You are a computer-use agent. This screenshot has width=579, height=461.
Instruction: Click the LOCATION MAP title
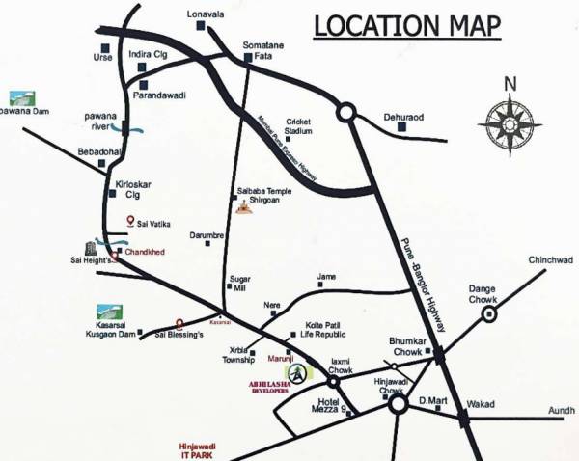(407, 26)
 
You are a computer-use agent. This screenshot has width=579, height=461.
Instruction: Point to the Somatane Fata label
(262, 49)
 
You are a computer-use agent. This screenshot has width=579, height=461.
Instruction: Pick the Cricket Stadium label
(297, 127)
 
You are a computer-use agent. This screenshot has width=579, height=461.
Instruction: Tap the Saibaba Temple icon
(244, 208)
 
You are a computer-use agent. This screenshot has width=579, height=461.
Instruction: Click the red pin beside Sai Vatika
(131, 222)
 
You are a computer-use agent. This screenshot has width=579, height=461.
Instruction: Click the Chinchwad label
(549, 261)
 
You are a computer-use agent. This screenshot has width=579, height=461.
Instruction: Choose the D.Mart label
(431, 399)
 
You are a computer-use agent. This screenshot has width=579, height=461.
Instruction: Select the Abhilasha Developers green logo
(298, 372)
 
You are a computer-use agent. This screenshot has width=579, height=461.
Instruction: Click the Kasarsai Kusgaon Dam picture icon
(110, 313)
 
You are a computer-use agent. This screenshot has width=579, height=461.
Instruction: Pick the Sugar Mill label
(236, 284)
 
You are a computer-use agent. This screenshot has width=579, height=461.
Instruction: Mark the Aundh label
(562, 410)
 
